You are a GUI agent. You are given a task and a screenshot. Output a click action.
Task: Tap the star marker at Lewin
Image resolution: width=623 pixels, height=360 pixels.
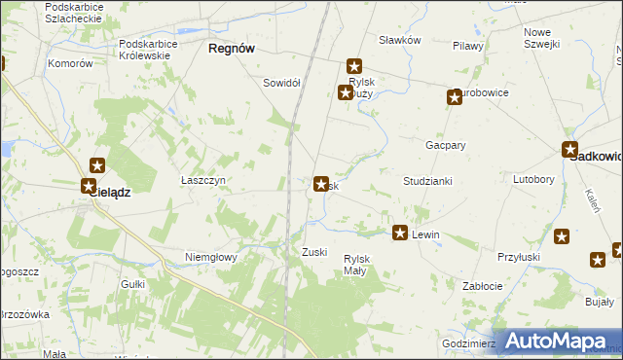click(400, 233)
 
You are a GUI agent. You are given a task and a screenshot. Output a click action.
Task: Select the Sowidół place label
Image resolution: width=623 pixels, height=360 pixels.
click(281, 83)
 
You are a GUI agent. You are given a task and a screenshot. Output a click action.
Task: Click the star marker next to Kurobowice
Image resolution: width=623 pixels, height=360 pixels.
click(454, 96)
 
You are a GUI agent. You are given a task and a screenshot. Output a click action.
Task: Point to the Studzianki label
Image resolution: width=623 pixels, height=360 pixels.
click(428, 181)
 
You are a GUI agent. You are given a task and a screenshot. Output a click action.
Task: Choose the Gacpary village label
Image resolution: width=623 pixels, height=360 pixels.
click(445, 144)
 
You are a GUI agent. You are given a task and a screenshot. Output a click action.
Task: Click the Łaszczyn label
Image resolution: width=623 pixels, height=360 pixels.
click(203, 181)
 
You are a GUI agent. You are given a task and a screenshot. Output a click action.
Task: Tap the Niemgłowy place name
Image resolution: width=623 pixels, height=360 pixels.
click(211, 257)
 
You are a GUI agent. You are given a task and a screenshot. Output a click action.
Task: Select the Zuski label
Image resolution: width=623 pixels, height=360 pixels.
click(313, 252)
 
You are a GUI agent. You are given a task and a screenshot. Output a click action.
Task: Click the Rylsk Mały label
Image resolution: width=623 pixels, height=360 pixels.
click(354, 264)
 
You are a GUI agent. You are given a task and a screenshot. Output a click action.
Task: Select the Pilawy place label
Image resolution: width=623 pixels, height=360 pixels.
click(468, 46)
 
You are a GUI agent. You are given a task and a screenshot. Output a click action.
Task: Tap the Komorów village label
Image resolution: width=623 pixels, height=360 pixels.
click(70, 63)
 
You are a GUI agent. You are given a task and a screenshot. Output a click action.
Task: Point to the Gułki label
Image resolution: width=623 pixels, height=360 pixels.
click(132, 283)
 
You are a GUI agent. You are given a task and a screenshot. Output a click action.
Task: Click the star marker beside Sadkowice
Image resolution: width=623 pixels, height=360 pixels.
click(571, 150)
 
